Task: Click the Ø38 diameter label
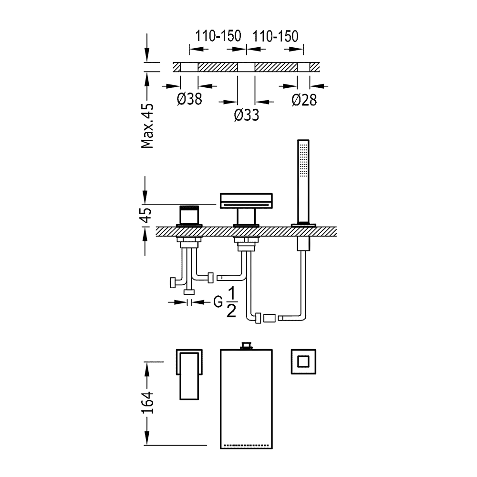point(189,99)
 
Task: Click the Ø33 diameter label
point(247,115)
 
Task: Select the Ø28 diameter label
point(304,100)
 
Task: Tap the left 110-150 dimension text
point(218,36)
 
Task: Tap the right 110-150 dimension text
point(275,36)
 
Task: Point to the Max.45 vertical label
point(147,126)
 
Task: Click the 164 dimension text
point(147,403)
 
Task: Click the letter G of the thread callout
point(218,302)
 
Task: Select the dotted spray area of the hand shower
point(303,160)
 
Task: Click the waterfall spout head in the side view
point(246,201)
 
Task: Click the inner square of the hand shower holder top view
point(303,362)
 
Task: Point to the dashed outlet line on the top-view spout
point(246,445)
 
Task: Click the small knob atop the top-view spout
point(247,346)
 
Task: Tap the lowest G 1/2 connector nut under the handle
point(189,292)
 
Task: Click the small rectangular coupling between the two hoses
point(270,318)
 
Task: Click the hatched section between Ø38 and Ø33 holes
point(218,67)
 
